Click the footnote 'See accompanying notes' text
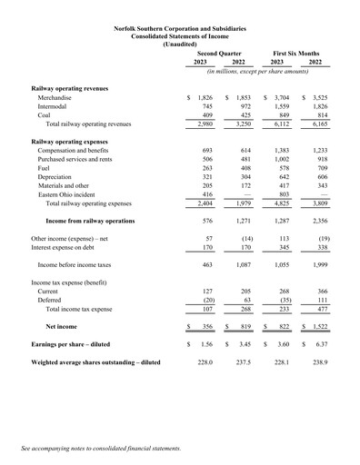100,449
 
